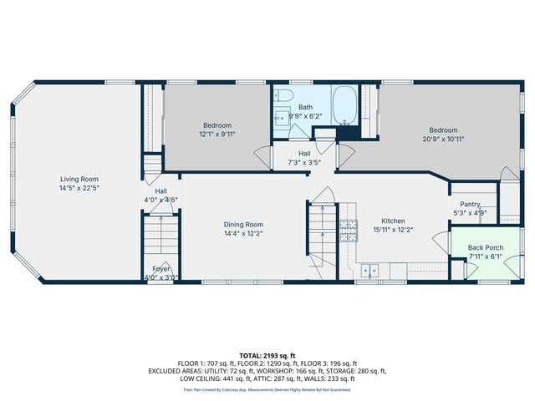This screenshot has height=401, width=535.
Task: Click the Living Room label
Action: point(79,179)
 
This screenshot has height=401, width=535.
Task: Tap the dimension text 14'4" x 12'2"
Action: point(243,234)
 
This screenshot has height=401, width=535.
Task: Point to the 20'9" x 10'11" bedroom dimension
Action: point(444,140)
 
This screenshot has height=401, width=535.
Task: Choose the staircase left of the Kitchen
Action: point(320,234)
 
